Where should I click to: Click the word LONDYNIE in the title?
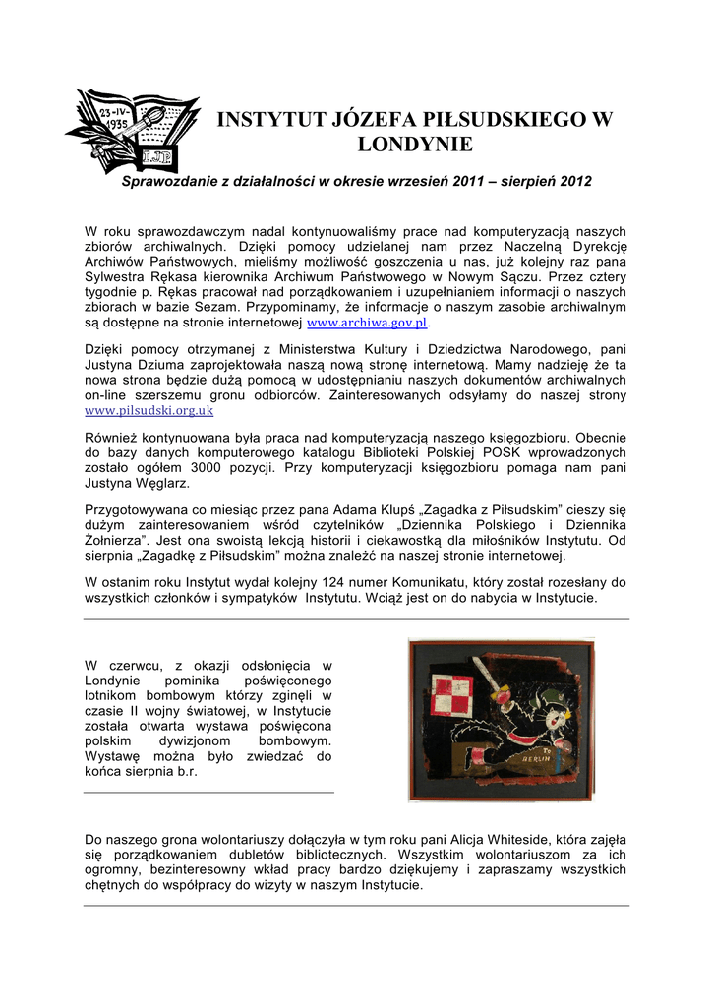413,145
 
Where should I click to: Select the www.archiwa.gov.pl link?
369,323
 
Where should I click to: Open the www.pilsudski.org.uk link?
149,410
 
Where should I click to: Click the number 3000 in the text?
242,468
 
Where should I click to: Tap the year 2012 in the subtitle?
574,182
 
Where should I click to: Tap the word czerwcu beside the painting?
140,666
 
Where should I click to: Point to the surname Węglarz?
160,484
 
